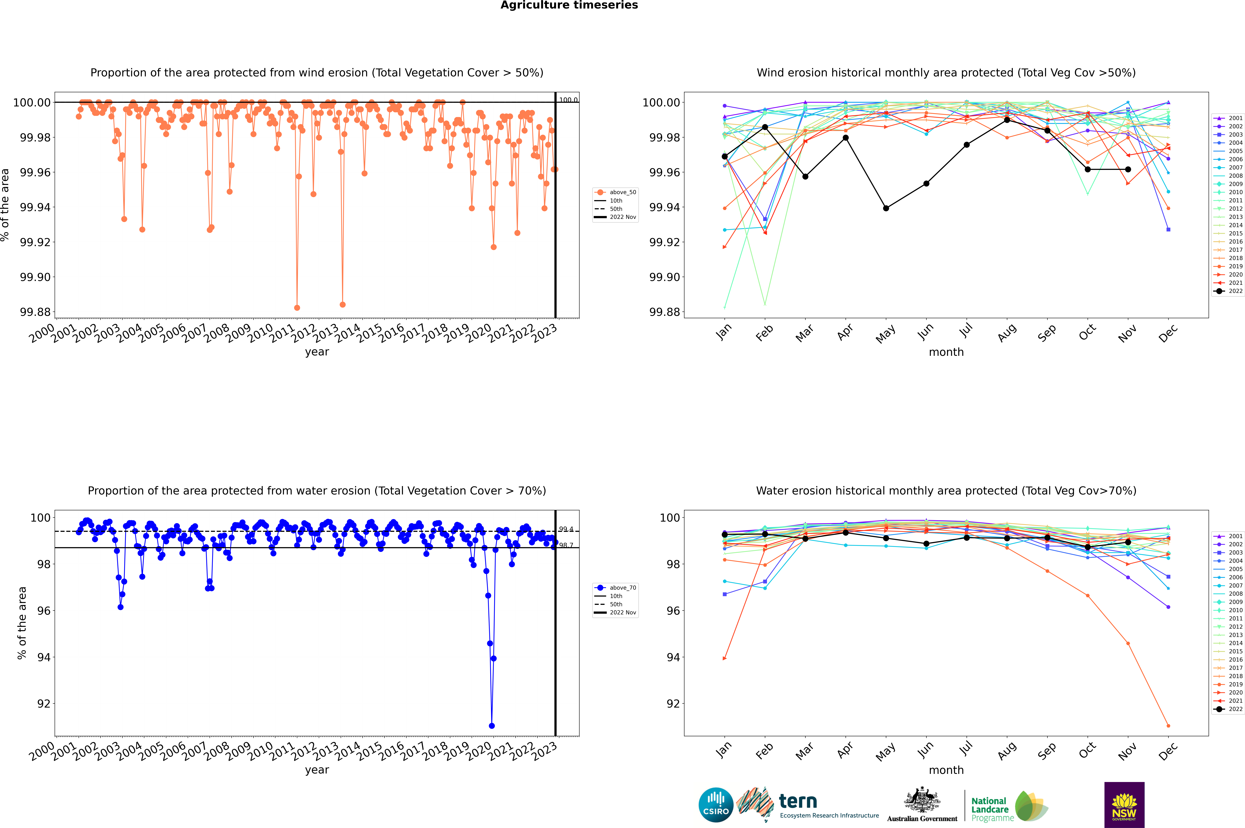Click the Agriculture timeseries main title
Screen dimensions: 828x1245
tap(569, 5)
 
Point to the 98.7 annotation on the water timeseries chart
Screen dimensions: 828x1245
tap(566, 545)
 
